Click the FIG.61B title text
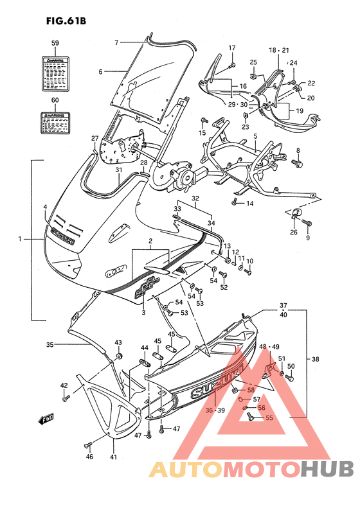[x=66, y=20]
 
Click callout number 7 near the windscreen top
[x=117, y=42]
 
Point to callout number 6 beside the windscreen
[x=100, y=71]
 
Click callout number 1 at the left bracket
[x=20, y=239]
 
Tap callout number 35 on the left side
[x=50, y=344]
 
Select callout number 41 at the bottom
[x=114, y=457]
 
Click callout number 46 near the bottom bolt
[x=89, y=457]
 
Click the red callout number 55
[x=269, y=418]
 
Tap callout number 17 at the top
[x=232, y=48]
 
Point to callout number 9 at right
[x=307, y=238]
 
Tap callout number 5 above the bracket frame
[x=255, y=136]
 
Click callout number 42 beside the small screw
[x=64, y=385]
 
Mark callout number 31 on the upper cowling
[x=118, y=170]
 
